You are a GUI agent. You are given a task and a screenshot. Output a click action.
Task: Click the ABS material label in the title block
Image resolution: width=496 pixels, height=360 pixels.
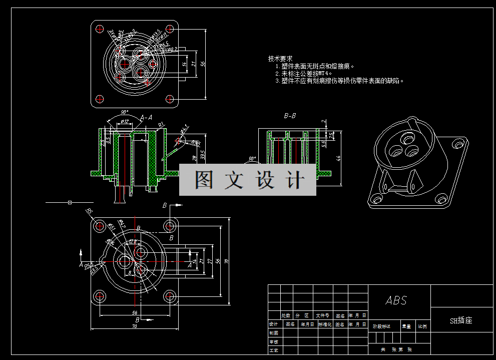point(396,300)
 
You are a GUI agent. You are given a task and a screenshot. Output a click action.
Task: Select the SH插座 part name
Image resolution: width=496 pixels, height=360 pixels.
point(461,320)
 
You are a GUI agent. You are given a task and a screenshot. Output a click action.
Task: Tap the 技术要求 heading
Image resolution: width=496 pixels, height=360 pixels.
point(280,59)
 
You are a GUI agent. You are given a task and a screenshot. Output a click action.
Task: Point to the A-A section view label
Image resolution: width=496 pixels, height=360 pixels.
point(146,118)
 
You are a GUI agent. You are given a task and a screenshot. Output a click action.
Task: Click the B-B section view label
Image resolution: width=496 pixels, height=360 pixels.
point(290,116)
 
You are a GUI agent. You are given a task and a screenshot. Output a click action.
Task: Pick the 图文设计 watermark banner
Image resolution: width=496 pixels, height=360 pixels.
point(248,179)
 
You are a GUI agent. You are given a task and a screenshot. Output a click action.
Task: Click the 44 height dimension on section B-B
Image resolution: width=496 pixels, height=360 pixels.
point(339,158)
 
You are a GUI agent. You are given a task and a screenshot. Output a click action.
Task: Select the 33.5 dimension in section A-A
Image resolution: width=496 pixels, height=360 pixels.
point(203,154)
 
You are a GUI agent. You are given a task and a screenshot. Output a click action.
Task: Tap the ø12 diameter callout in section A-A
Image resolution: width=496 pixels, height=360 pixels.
point(125,122)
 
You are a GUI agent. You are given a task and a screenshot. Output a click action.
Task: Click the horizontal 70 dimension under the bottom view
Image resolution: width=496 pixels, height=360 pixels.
point(135,326)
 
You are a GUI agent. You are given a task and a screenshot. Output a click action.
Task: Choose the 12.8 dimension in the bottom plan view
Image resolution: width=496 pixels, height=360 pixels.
point(133,241)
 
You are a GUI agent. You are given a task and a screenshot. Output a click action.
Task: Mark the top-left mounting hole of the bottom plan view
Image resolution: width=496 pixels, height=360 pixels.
point(99,225)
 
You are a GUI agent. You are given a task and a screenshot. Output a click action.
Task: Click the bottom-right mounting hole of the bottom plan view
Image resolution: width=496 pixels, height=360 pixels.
point(170,296)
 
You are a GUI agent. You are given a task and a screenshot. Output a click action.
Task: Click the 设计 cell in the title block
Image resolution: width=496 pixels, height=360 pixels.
point(273,324)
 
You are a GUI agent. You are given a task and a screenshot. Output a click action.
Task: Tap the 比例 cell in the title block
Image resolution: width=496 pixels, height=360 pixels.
point(422,326)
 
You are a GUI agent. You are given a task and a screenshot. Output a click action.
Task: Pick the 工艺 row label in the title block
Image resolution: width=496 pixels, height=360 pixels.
point(273,350)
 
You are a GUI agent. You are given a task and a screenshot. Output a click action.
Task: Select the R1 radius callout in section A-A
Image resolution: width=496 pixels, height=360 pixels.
point(161,124)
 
